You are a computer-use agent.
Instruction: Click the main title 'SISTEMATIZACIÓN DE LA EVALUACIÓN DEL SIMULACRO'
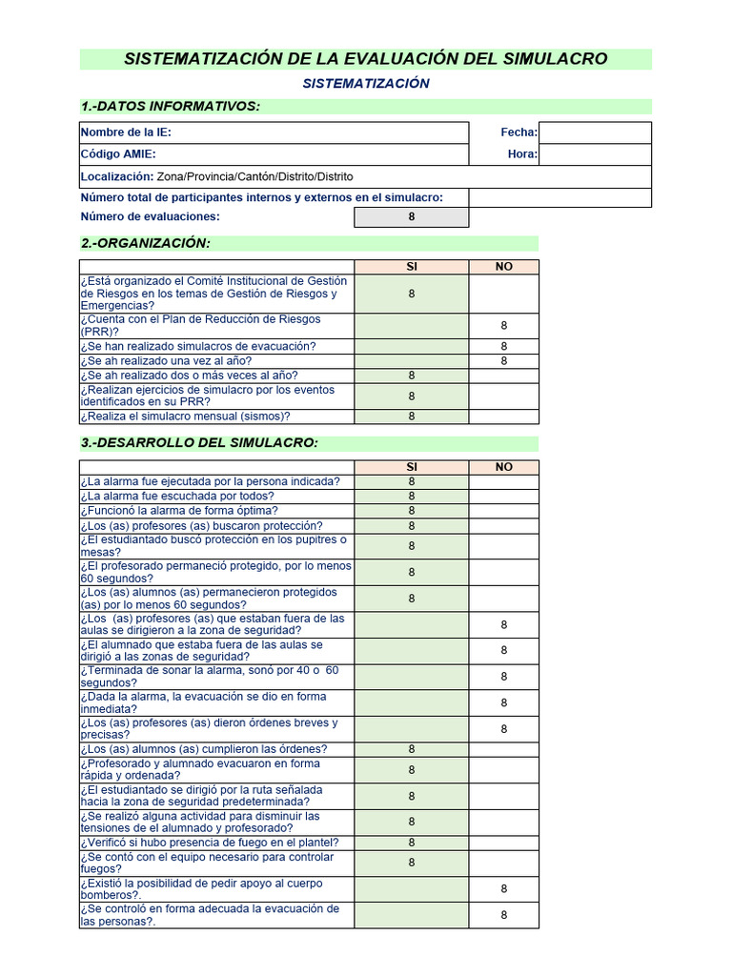365,59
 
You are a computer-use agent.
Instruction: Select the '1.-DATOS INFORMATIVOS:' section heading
171,106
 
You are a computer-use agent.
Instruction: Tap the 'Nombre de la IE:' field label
126,132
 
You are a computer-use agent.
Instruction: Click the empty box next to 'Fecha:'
595,132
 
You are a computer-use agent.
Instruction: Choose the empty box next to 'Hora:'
595,154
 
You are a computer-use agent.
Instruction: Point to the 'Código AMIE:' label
118,154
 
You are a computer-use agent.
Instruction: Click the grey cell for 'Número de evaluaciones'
412,217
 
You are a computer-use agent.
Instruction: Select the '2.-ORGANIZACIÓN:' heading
146,243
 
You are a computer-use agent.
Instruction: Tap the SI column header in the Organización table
412,267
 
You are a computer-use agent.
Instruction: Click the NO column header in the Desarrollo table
503,467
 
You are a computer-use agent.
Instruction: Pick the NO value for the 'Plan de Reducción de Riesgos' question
503,326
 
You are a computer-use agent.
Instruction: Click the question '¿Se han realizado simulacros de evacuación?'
198,346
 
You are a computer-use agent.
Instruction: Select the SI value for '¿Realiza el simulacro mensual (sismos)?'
412,417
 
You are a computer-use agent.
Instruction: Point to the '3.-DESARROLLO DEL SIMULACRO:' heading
199,443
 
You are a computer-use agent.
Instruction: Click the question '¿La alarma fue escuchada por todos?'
177,496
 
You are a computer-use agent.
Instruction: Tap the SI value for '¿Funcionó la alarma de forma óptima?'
412,511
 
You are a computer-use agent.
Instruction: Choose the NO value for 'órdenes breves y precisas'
503,729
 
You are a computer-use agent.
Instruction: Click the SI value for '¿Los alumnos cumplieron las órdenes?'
412,749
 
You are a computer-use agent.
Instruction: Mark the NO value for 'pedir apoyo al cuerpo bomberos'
503,888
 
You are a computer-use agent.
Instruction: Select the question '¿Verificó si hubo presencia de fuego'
210,843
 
